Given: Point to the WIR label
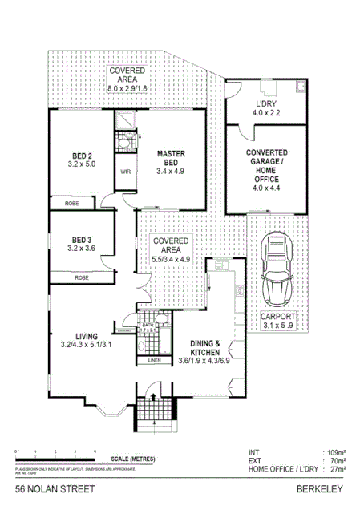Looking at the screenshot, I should click(x=126, y=171).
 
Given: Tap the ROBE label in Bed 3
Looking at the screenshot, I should click(x=81, y=277).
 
